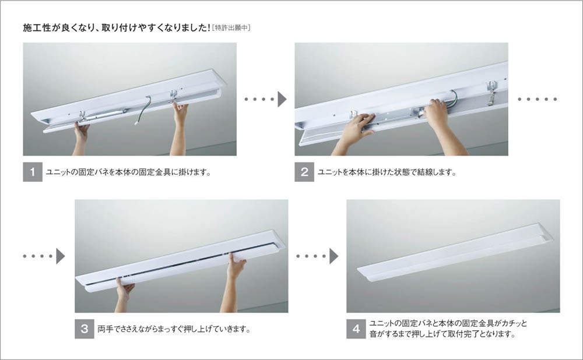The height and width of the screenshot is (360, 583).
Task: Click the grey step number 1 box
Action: [33, 172]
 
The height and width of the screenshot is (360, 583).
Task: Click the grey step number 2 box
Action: [304, 172]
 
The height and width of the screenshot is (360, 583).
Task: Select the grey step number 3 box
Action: [85, 329]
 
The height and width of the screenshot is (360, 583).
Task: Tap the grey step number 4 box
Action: [356, 329]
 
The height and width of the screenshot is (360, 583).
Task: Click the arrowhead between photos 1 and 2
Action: [282, 99]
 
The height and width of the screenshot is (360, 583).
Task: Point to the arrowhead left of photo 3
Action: [61, 256]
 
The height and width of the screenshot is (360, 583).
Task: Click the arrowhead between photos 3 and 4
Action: [334, 256]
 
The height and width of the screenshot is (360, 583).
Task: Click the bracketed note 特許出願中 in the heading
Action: [231, 28]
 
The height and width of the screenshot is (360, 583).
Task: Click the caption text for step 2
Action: [387, 172]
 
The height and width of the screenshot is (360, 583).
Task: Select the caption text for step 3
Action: [174, 329]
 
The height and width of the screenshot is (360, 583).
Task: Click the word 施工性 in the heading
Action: [37, 28]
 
